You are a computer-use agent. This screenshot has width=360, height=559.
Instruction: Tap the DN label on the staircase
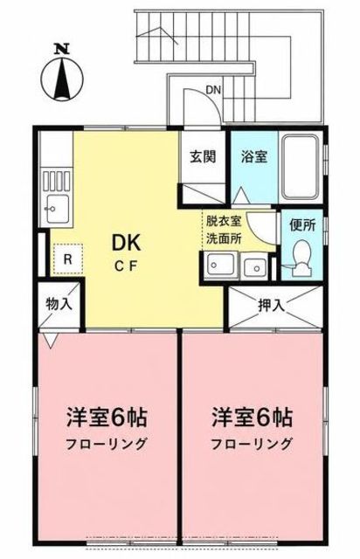coord(213,90)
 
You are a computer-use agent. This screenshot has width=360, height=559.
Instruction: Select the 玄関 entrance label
coord(203,156)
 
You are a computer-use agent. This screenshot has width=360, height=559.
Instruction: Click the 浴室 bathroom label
coord(254,156)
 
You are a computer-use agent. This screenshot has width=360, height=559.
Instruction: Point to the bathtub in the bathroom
coord(300,167)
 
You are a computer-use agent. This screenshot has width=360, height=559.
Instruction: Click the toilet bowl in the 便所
coord(301,255)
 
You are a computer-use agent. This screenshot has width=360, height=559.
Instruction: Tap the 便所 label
coord(302,225)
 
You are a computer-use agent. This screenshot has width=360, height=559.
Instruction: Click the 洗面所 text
coord(224,238)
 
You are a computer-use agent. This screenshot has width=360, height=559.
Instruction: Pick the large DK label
coord(127,244)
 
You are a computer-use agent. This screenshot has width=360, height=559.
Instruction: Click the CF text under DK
coord(126,266)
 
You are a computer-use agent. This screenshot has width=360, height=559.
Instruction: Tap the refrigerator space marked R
coord(68,259)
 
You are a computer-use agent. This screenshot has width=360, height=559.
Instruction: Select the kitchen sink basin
coord(57,210)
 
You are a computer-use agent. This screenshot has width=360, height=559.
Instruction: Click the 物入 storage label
coord(59,305)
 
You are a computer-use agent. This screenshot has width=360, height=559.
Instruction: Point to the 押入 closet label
coord(272,305)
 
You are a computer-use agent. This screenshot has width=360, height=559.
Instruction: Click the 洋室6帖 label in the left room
coord(107,418)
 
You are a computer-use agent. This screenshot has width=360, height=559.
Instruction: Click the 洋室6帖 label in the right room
coord(252,418)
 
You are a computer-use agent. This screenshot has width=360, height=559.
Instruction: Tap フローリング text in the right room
coord(252,444)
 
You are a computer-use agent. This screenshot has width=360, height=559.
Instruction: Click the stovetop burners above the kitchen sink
coord(57,181)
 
